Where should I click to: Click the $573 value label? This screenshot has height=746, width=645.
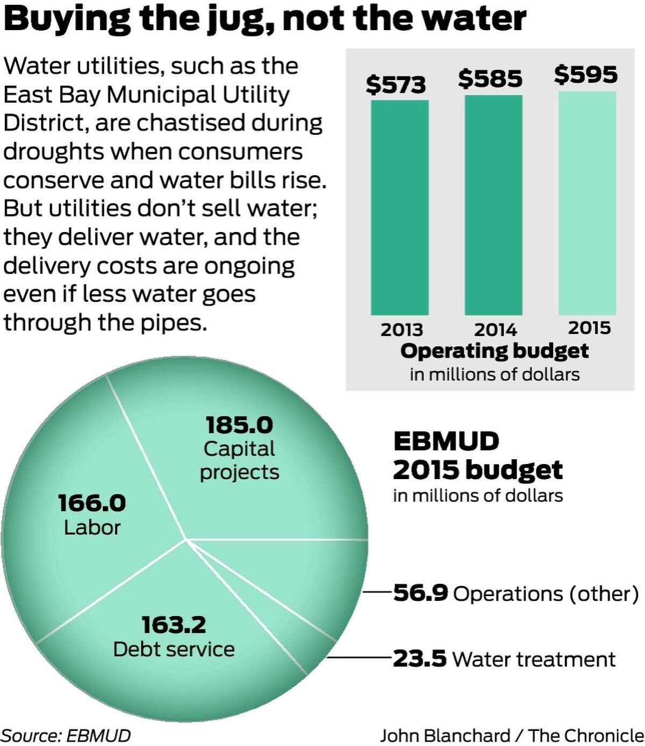coord(396,85)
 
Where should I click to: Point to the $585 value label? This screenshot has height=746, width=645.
coord(490,79)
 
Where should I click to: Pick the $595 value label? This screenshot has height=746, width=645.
coord(586,75)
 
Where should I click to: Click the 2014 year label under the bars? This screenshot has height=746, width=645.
coord(495,329)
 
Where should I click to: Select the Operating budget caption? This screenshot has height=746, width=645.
coord(494,351)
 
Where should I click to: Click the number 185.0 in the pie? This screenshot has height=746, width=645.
coord(239,425)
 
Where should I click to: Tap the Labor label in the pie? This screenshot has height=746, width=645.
coord(92,527)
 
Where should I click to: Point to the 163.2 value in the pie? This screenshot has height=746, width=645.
coord(174,625)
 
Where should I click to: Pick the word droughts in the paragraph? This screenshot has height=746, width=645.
coord(53,151)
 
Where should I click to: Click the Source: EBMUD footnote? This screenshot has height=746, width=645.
coord(66,735)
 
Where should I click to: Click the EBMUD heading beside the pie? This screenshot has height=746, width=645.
coord(446,441)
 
